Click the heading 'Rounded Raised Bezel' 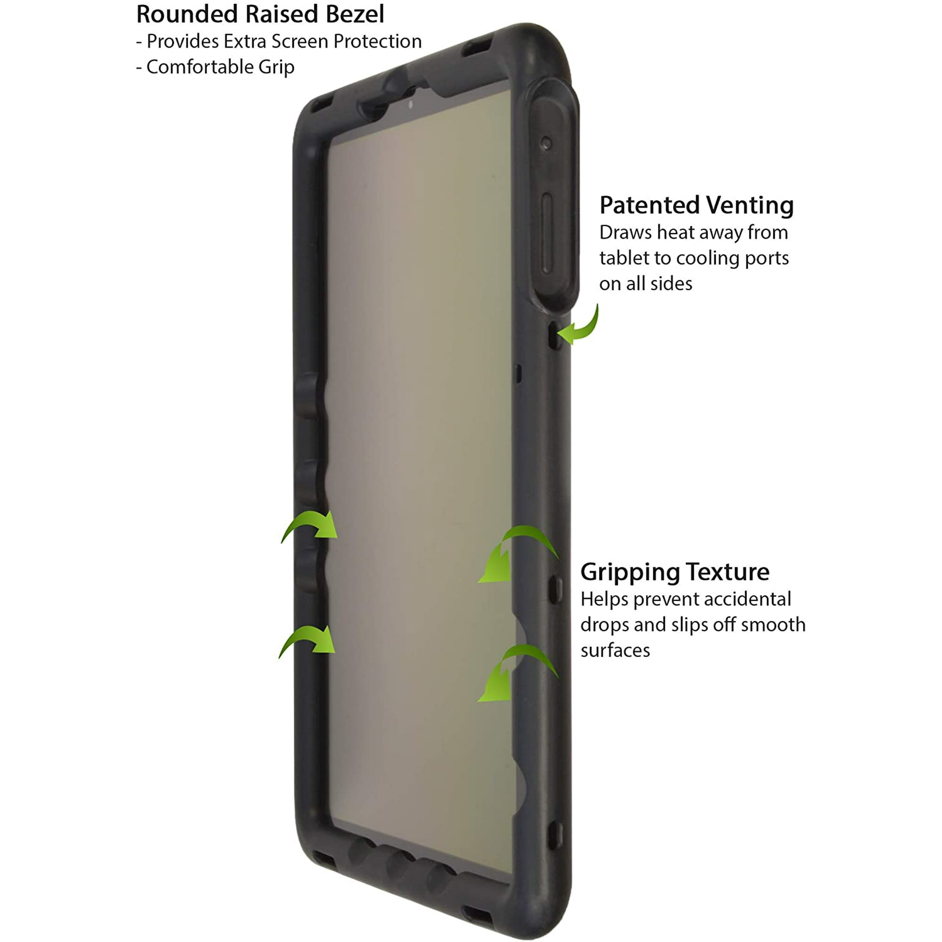(x=260, y=14)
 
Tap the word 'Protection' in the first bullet (x=377, y=41)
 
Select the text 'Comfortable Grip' (x=220, y=67)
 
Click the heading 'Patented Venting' (x=697, y=205)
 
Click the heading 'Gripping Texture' (x=675, y=572)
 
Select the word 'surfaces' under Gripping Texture (x=615, y=650)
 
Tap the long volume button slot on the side (x=547, y=234)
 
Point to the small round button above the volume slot (x=546, y=143)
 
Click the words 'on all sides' (x=646, y=284)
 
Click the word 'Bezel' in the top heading (x=355, y=14)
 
